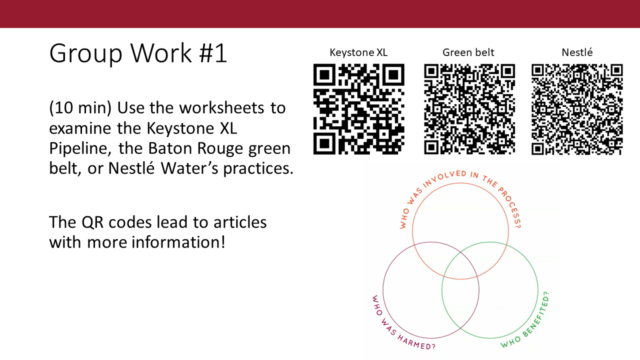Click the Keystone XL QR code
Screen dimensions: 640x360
pos(359,109)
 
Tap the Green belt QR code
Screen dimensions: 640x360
pos(469,109)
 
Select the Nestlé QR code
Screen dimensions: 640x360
pos(577,109)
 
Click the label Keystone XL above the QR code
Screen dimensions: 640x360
pos(358,52)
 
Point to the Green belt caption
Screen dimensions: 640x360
pos(468,52)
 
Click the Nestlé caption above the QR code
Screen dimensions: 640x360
pos(577,52)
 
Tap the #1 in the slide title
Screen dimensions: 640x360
pos(213,53)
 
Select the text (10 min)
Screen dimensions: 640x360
pos(80,108)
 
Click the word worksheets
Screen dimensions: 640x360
pos(221,107)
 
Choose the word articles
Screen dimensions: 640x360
pos(240,222)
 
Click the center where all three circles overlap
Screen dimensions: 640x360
pos(460,268)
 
